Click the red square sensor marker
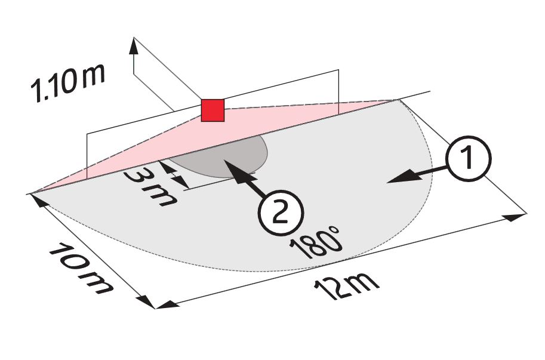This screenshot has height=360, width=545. click(213, 110)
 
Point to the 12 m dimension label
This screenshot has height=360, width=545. click(346, 285)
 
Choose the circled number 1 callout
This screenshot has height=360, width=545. click(469, 159)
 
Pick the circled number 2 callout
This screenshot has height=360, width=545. click(281, 213)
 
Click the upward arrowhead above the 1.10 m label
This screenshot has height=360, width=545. click(134, 46)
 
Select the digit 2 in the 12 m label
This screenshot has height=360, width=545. click(335, 289)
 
